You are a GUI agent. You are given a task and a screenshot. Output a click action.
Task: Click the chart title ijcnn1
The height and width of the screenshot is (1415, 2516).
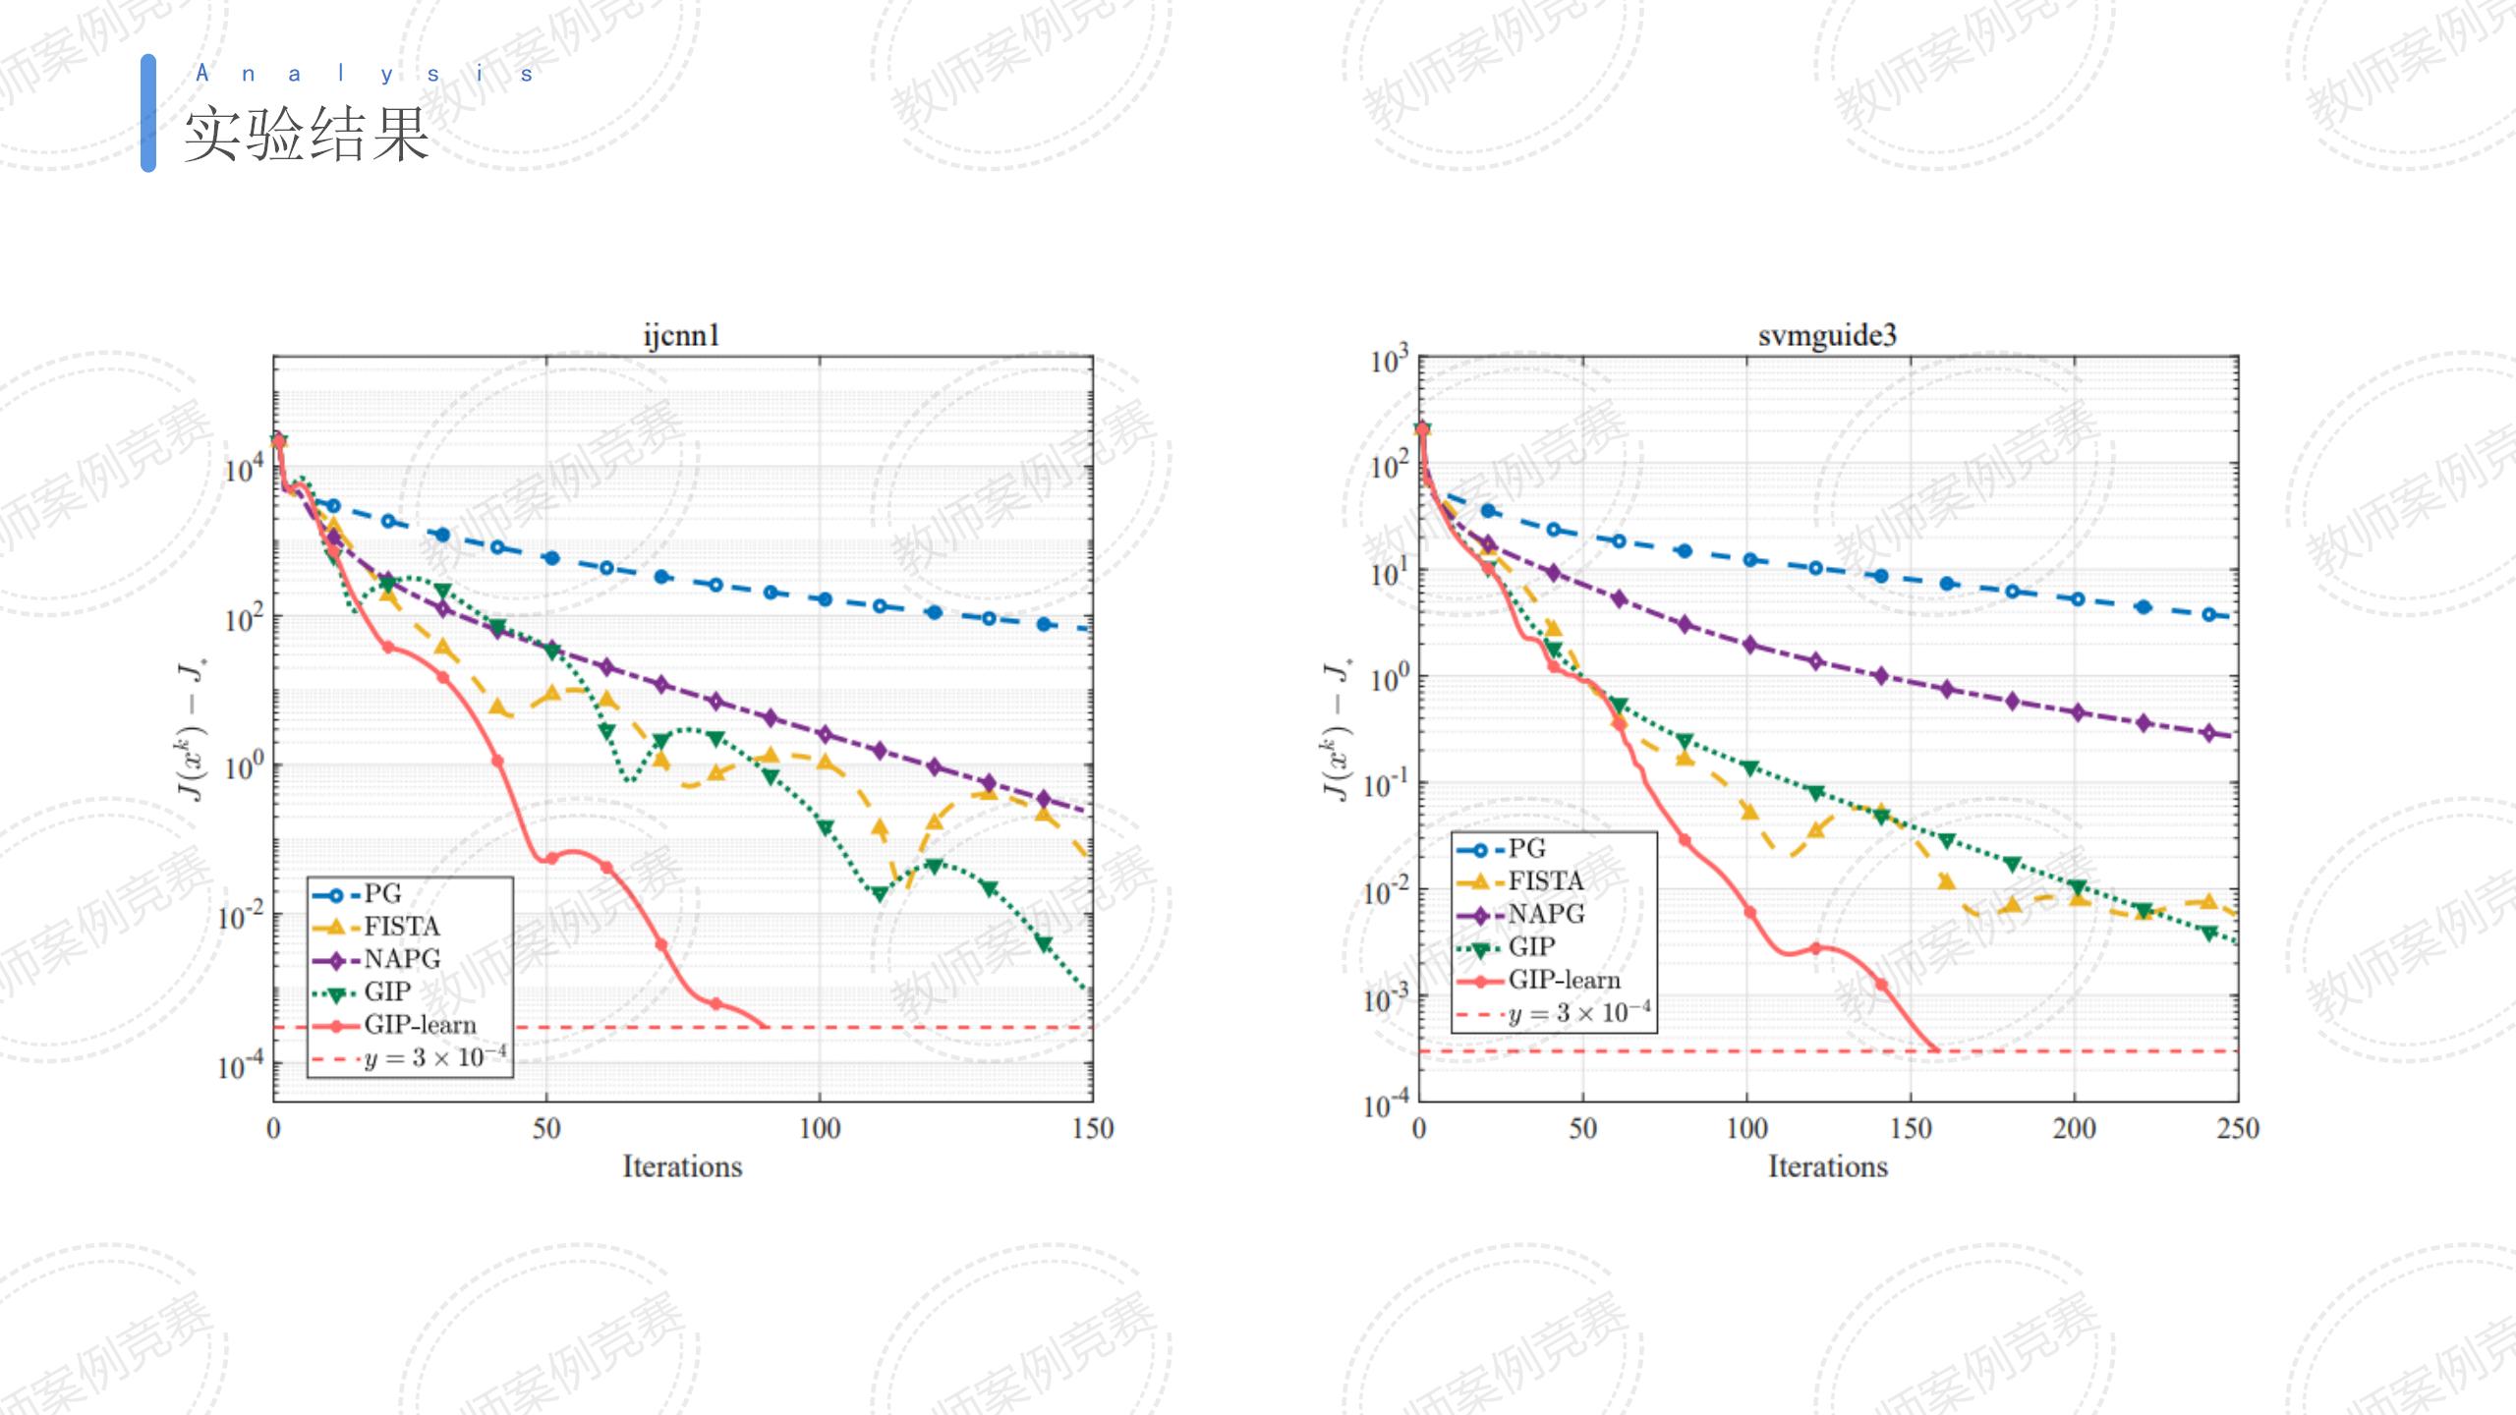point(681,336)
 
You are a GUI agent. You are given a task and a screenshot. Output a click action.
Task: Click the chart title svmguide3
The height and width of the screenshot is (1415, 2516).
point(1827,336)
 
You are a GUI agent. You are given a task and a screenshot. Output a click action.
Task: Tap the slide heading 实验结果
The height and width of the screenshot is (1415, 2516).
point(308,135)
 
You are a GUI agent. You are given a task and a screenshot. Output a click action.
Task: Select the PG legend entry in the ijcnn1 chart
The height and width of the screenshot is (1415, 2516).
point(382,894)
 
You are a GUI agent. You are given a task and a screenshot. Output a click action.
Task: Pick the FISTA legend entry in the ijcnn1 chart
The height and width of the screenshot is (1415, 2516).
point(401,927)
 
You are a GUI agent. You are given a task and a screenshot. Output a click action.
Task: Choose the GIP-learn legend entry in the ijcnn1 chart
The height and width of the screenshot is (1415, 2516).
point(420,1025)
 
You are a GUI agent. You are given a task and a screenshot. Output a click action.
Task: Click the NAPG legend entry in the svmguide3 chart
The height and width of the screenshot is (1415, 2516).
point(1546,915)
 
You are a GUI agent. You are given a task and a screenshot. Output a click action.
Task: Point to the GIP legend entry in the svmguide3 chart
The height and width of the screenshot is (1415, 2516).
point(1531,947)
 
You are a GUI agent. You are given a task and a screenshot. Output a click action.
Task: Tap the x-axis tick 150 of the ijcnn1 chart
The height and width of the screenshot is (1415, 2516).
point(1093,1129)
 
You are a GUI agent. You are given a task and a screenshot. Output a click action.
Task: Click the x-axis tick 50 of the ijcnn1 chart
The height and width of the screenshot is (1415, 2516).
point(546,1129)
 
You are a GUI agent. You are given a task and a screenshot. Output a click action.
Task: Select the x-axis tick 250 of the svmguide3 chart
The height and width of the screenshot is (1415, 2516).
point(2238,1129)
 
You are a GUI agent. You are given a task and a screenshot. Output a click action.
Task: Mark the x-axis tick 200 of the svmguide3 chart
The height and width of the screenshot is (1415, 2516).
point(2074,1129)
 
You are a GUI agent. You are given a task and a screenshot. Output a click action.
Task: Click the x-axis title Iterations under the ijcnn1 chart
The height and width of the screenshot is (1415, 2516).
point(682,1167)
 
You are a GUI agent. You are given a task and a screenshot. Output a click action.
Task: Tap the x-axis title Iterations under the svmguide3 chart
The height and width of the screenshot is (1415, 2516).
point(1828,1167)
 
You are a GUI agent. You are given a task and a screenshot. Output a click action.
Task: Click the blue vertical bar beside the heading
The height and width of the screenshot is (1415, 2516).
point(148,113)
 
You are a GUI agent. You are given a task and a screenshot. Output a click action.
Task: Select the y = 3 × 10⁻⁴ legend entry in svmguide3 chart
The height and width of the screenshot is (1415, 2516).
point(1578,1013)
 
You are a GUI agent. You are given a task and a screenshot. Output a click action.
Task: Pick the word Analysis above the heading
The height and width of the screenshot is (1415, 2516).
point(365,74)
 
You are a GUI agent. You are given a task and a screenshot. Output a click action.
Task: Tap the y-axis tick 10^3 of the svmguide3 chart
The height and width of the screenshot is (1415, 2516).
point(1390,361)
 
